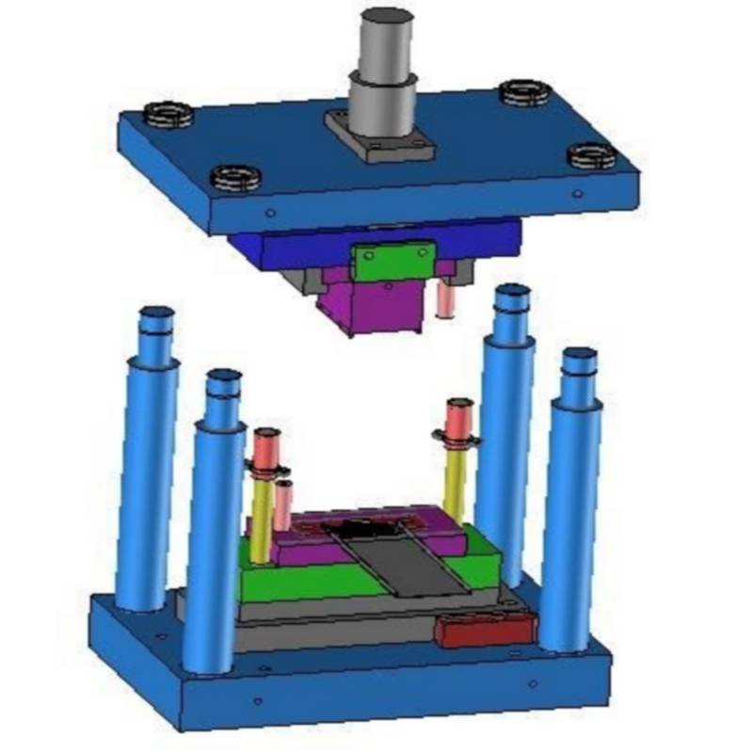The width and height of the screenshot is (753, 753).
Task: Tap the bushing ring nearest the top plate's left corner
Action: click(168, 117)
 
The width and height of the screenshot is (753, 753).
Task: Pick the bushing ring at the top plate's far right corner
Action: click(592, 155)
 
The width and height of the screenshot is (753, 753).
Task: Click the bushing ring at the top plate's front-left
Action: click(236, 177)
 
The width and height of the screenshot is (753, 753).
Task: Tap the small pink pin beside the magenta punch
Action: click(447, 299)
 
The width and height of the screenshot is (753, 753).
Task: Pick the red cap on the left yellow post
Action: click(265, 443)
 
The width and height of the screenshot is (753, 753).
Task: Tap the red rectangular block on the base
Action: click(484, 629)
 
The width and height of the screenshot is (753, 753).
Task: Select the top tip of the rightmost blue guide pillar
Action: click(580, 356)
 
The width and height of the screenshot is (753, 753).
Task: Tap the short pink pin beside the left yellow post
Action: click(283, 505)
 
